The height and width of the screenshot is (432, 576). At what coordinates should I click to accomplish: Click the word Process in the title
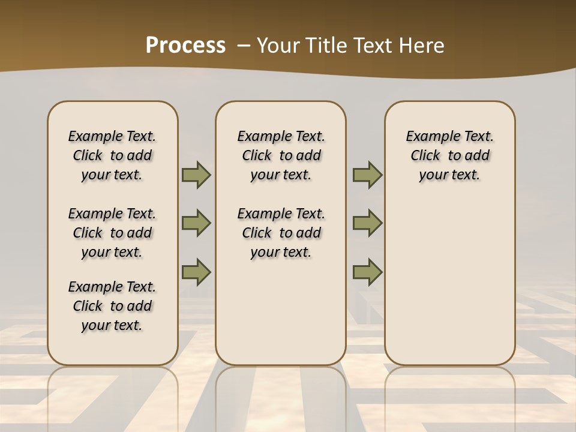[x=185, y=46]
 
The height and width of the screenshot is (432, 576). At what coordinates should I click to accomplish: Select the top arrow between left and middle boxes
[x=196, y=175]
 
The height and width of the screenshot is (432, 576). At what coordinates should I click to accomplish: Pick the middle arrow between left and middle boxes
[x=196, y=223]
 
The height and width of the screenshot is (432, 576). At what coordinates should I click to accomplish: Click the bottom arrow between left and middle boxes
[x=196, y=272]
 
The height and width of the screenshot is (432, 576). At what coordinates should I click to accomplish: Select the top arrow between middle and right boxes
[x=367, y=175]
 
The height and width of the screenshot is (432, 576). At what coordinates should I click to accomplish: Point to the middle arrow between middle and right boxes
[x=367, y=223]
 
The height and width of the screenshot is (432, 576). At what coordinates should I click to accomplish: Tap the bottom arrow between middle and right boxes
[x=367, y=272]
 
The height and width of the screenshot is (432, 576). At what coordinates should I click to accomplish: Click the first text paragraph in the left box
[x=112, y=155]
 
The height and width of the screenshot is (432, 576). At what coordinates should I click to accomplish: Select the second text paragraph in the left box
[x=112, y=233]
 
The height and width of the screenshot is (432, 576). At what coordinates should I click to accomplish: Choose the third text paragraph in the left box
[x=112, y=306]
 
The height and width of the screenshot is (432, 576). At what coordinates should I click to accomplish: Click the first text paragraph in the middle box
[x=281, y=155]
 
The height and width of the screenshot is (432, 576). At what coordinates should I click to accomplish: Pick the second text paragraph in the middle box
[x=281, y=233]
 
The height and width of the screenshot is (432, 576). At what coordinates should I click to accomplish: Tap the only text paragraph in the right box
[x=450, y=155]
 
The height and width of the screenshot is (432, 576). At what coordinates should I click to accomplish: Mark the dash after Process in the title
[x=244, y=46]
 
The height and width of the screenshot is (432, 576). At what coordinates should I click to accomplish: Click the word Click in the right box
[x=425, y=156]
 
